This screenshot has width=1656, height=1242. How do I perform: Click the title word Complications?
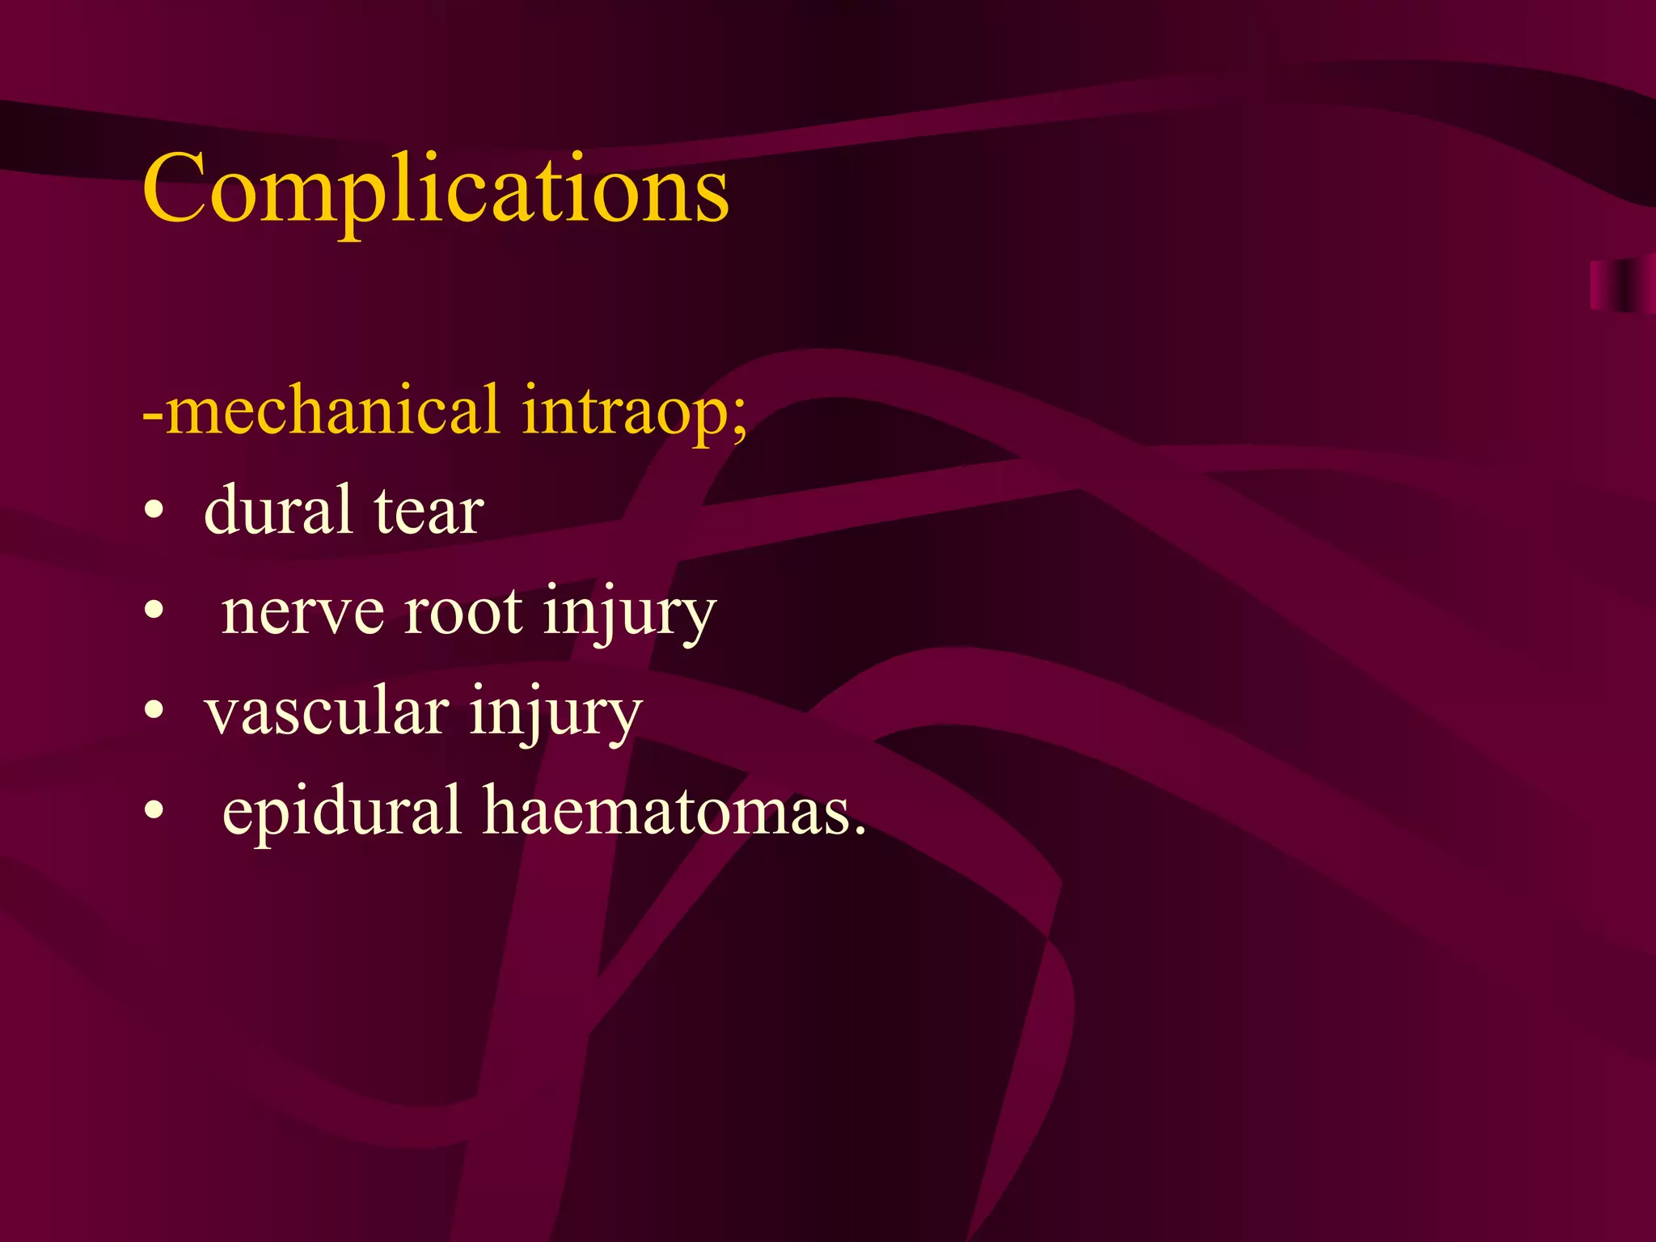point(435,190)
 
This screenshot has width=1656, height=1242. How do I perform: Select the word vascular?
point(326,712)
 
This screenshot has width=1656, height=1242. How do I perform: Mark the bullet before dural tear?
point(154,513)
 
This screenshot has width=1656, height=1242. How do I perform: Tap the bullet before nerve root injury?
point(154,612)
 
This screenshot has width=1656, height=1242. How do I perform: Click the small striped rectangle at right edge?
point(1621,285)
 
